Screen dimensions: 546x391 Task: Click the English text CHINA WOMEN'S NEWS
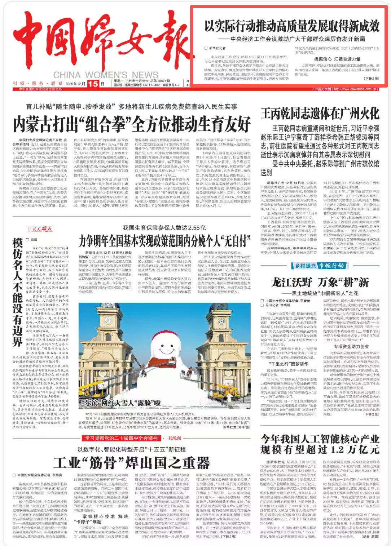[106, 75]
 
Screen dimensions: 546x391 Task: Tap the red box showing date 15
[93, 84]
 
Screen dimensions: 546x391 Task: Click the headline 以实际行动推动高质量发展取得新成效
[292, 26]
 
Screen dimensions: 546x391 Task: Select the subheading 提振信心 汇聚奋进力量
[337, 59]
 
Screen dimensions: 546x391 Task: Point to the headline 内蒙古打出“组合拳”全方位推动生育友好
[132, 125]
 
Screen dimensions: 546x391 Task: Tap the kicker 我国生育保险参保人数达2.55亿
[164, 227]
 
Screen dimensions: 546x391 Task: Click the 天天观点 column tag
[40, 229]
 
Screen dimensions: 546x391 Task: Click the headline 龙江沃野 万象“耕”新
[320, 282]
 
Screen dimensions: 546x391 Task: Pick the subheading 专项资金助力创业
[351, 347]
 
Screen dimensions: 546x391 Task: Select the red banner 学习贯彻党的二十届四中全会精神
[121, 438]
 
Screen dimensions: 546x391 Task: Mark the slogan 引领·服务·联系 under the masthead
[38, 84]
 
